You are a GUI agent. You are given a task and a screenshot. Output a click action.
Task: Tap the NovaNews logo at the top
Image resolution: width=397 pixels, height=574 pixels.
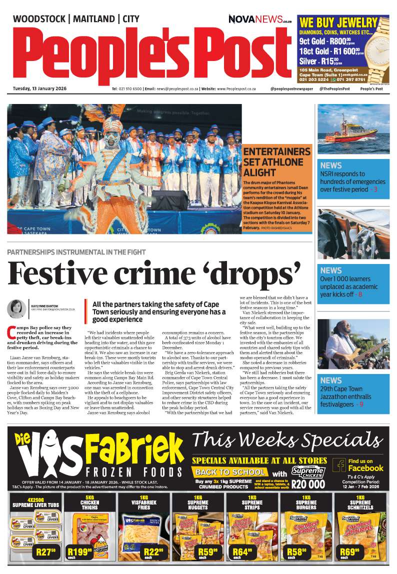(259, 19)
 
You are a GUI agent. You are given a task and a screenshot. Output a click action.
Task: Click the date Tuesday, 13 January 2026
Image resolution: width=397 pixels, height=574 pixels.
(39, 89)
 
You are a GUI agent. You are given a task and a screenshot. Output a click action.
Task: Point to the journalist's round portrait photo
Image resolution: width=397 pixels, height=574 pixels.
(16, 308)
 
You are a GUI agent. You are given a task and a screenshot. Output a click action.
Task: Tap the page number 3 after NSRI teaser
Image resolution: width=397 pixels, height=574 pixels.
(375, 189)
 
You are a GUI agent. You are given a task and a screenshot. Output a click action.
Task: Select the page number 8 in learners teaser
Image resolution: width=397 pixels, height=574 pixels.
(359, 294)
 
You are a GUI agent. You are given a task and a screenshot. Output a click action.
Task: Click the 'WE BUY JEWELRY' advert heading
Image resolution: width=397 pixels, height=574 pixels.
(338, 23)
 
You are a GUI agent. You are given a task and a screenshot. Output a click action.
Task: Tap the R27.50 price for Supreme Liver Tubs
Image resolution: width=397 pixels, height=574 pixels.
(45, 552)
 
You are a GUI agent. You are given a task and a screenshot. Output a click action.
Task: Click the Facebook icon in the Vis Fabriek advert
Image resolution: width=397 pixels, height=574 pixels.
(340, 465)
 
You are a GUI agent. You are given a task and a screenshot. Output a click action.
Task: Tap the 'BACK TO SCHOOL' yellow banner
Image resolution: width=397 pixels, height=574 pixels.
(230, 472)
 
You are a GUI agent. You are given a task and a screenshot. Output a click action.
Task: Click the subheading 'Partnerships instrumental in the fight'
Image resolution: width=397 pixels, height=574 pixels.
(76, 251)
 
